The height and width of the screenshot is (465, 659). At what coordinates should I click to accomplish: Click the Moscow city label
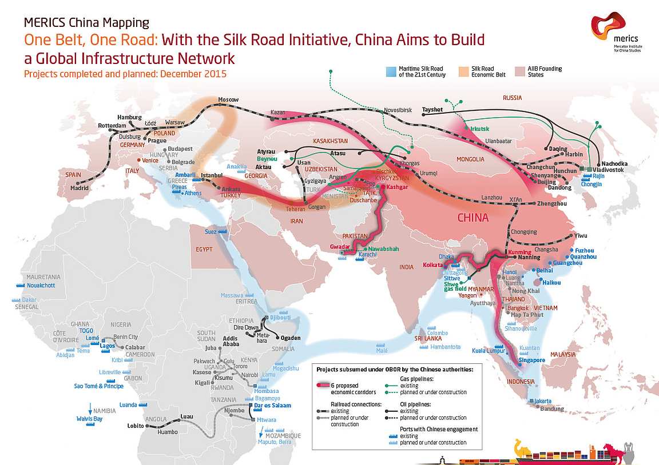[x=228, y=101]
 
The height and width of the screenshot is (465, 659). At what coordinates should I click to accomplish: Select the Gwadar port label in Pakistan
[x=340, y=247]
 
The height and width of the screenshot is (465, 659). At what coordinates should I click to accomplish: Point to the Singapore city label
[x=531, y=360]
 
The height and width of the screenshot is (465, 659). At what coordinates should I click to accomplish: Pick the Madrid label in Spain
[x=80, y=188]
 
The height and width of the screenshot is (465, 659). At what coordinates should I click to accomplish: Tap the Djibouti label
[x=280, y=317]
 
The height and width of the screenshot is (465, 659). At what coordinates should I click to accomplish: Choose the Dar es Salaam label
[x=269, y=405]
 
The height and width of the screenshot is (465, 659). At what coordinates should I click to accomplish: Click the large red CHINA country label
[x=473, y=218]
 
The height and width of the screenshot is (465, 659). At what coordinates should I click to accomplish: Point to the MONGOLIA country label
[x=471, y=158]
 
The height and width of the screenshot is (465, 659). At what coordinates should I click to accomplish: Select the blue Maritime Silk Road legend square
[x=391, y=71]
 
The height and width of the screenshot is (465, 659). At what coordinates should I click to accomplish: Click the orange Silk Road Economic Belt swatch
[x=464, y=71]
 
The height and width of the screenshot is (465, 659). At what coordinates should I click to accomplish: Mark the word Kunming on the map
[x=520, y=252]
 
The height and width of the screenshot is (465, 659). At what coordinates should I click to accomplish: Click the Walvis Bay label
[x=89, y=419]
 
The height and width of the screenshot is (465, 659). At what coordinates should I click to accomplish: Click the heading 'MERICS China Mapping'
[x=86, y=23]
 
